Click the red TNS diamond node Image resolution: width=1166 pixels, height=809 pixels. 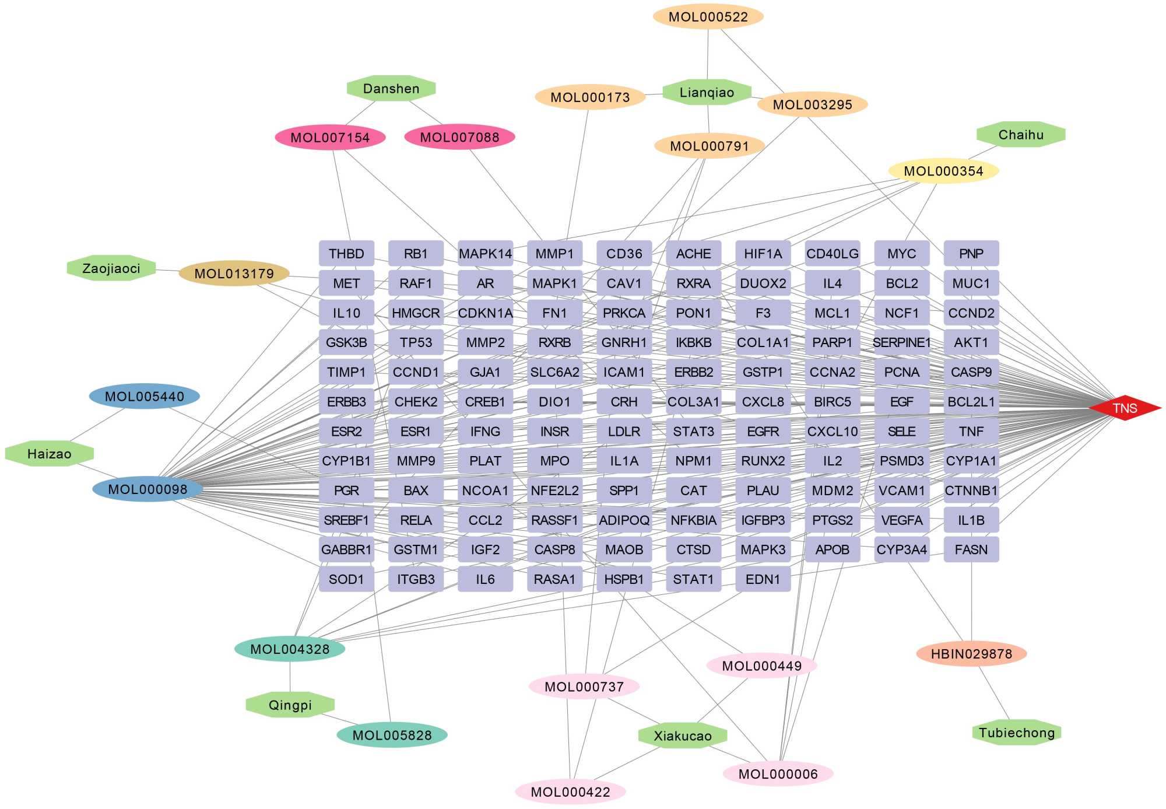pos(1124,408)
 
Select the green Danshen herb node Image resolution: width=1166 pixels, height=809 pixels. pos(391,88)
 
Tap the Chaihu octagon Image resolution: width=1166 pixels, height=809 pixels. pos(1021,135)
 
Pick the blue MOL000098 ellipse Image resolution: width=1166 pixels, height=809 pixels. pos(147,489)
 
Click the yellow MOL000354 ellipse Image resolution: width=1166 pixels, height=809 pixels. pos(943,171)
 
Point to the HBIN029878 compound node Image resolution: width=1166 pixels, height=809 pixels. pos(971,653)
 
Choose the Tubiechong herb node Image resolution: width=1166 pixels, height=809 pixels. pos(1017,733)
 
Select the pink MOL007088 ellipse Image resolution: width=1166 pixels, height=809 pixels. pos(459,137)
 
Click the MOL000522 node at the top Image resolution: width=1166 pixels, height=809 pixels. pos(708,16)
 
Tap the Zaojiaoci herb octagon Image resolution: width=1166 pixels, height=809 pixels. pos(111,268)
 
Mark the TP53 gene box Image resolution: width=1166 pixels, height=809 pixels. pos(416,342)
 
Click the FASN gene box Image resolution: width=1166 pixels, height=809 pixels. pos(971,549)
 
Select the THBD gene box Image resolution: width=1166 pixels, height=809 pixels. pos(346,254)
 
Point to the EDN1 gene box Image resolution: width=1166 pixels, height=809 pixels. pos(763,579)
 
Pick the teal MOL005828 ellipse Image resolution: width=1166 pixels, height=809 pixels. pos(392,735)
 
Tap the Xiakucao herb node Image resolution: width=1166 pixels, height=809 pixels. pos(683,736)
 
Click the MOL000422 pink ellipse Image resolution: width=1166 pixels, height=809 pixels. pos(570,792)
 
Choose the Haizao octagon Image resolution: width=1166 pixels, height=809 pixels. pos(50,454)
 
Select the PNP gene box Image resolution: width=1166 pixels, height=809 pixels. pos(971,254)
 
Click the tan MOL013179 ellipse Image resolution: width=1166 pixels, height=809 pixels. pos(234,274)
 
